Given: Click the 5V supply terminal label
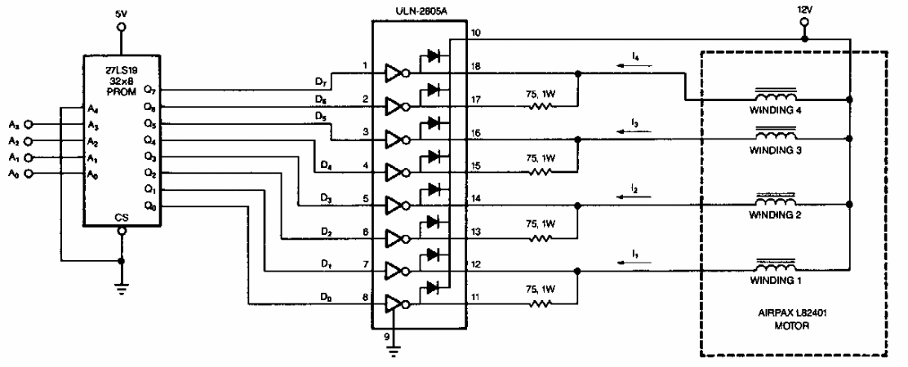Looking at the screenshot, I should coord(122,13).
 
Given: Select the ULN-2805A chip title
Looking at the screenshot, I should coord(419,9).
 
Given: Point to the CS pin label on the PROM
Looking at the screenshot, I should coord(122,217).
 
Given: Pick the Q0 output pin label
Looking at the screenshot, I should coord(149,206).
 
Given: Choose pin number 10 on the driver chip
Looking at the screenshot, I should coord(477,34).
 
